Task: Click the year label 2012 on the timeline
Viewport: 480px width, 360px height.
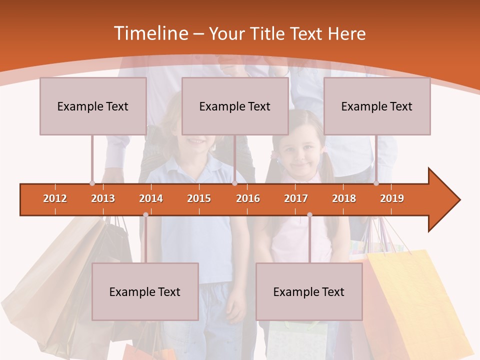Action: pos(55,198)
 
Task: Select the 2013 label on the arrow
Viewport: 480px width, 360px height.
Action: pos(103,198)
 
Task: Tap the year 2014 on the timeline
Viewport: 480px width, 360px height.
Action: pos(151,198)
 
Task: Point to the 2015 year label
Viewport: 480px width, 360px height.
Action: pos(199,198)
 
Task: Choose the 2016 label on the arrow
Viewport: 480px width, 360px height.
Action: pos(248,198)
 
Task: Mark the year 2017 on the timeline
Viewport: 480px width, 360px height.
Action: pos(296,198)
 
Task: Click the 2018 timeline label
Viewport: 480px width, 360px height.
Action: pos(344,198)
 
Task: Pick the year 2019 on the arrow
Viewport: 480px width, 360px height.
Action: pos(392,198)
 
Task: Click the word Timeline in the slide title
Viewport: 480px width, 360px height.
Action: pos(150,33)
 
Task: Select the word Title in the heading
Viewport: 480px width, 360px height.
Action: pos(267,33)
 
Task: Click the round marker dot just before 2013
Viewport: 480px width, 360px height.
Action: pos(92,183)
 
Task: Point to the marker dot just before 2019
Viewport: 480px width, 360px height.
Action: pos(376,183)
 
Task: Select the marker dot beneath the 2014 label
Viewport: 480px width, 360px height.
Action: pos(145,214)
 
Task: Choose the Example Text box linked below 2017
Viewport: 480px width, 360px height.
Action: pos(309,291)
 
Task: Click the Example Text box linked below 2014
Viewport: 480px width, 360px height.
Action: pos(145,291)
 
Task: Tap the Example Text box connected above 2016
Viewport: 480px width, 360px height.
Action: pos(235,106)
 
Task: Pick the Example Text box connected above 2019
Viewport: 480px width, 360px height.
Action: pos(377,106)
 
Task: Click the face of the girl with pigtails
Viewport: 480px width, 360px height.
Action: pos(298,150)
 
